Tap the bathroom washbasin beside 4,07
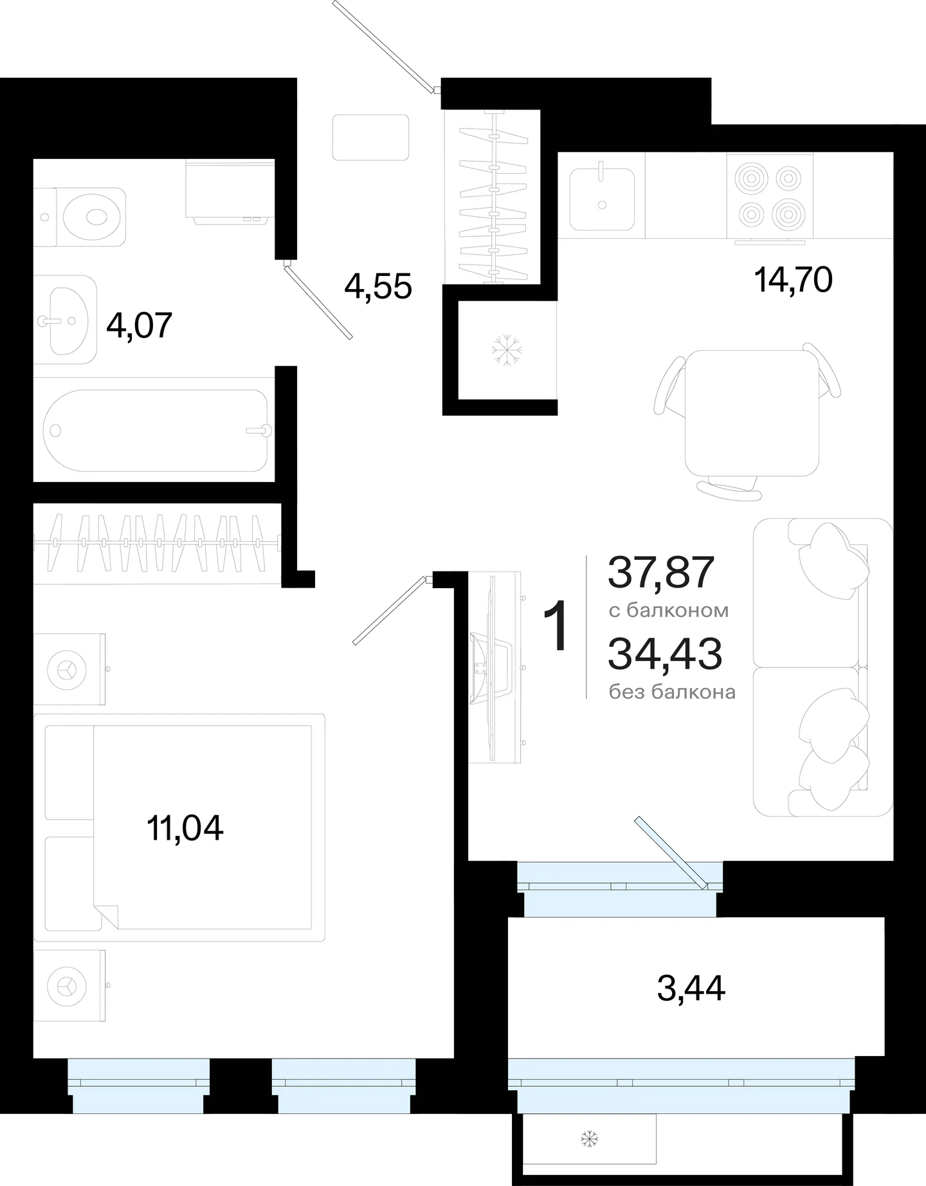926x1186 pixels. click(x=65, y=319)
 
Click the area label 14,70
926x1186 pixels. click(x=793, y=280)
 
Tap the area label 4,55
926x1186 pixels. click(x=378, y=286)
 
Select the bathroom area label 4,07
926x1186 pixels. click(x=140, y=326)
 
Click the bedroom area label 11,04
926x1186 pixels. click(x=185, y=828)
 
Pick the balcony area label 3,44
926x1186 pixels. click(x=691, y=988)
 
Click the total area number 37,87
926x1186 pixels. click(x=661, y=572)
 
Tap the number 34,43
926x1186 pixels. click(x=665, y=654)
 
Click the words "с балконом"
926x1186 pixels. click(x=669, y=610)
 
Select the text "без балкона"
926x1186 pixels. click(x=672, y=692)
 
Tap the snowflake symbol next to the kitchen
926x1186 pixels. click(x=507, y=350)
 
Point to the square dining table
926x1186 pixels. click(x=752, y=412)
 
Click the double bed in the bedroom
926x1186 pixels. click(x=179, y=827)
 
